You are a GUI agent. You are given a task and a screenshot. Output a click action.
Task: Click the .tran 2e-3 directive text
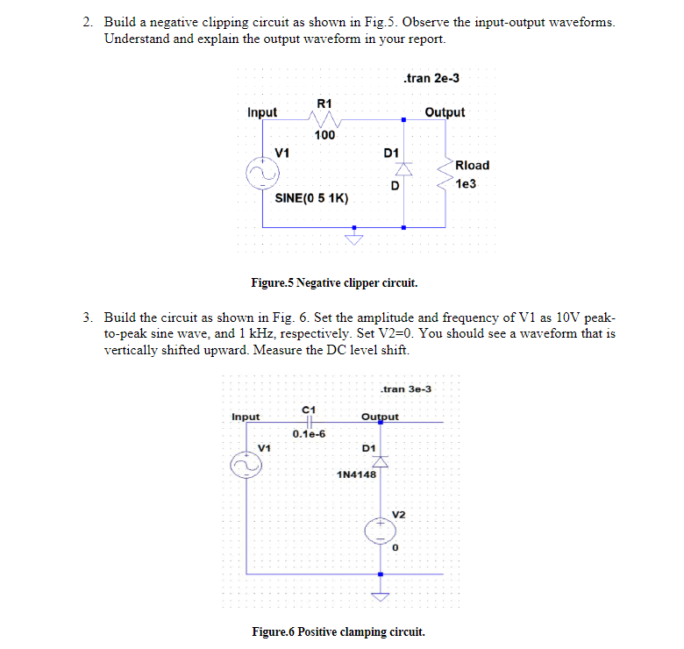click(x=431, y=78)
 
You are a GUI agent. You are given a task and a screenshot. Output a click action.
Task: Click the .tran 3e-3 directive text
click(x=406, y=389)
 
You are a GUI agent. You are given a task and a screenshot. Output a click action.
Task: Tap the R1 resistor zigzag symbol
click(x=324, y=118)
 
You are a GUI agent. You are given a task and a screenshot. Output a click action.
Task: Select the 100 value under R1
click(x=325, y=135)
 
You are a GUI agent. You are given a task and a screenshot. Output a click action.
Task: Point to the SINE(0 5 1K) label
click(x=311, y=198)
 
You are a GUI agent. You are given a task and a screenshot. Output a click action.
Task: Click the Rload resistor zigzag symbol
click(x=445, y=174)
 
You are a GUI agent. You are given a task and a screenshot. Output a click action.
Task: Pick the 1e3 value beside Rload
click(x=466, y=183)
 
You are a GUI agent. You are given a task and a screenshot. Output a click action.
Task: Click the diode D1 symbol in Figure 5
click(x=404, y=168)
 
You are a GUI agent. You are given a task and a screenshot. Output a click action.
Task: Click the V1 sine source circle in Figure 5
click(x=262, y=173)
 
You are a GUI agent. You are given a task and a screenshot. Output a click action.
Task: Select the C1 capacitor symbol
click(x=310, y=422)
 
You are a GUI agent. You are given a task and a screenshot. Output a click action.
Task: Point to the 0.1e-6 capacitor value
click(x=309, y=434)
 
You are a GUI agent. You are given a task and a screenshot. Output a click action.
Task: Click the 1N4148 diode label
click(x=356, y=474)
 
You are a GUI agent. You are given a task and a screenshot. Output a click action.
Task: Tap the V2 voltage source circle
click(x=381, y=531)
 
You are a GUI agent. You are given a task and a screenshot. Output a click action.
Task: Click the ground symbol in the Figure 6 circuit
click(x=381, y=596)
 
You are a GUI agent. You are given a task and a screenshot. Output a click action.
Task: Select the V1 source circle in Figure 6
click(x=246, y=465)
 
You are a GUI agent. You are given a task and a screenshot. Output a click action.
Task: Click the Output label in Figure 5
click(x=445, y=112)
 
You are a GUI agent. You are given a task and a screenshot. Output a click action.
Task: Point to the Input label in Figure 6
click(x=246, y=417)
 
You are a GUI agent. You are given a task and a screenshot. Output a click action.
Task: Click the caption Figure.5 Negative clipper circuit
click(x=334, y=283)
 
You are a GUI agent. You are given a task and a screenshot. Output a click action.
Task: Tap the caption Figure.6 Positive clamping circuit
click(x=338, y=632)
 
